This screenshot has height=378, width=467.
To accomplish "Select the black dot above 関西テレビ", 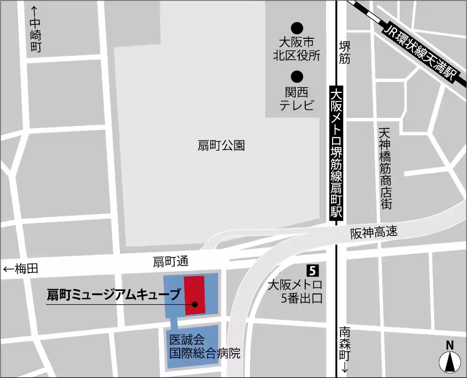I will pos(297,76).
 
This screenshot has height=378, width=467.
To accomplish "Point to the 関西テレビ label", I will pos(297,99).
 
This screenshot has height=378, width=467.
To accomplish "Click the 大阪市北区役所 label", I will pos(297,48).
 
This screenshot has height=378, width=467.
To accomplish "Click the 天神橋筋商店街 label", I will pos(385,169).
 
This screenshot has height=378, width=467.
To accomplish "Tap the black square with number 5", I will pos(312,271).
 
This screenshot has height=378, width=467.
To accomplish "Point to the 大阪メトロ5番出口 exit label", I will pos(295,292).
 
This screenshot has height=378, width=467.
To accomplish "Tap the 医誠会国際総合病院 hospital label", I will pos(204,347).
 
